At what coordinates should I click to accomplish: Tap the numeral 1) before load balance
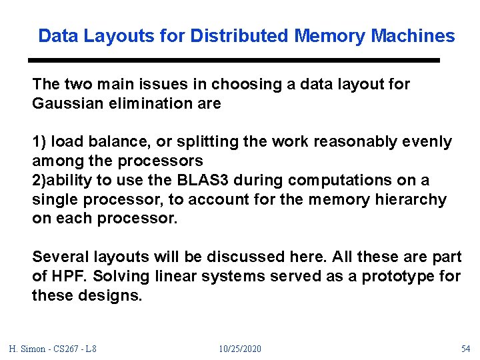[39, 142]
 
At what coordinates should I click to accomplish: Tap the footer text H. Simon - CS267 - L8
[53, 349]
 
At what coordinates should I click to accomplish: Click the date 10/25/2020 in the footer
[240, 349]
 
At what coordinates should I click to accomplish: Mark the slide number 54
[465, 349]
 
